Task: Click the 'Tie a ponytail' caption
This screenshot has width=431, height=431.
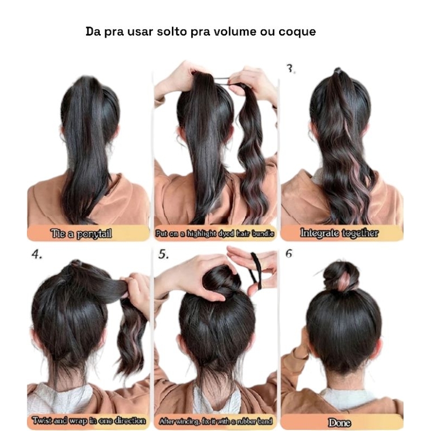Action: pos(81,234)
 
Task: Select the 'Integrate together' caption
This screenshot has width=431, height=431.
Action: pos(339,233)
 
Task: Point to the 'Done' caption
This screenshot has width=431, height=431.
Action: pos(339,422)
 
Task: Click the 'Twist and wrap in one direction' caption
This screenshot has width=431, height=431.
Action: pos(88,421)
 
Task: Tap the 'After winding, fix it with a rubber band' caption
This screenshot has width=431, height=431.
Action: pos(215,421)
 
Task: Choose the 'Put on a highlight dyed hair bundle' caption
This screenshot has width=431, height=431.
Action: pos(214,233)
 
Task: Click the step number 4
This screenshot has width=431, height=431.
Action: pos(37,254)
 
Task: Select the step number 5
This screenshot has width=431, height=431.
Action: pos(163,254)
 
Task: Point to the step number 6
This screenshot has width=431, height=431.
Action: pos(289,254)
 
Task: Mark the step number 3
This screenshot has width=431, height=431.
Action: pos(290,69)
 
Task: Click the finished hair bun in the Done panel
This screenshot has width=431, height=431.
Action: pos(341,276)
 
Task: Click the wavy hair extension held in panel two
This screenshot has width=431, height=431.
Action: pos(252,154)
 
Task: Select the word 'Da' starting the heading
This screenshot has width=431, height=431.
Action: pos(93,31)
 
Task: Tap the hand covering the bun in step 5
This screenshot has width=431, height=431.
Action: pos(197,277)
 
